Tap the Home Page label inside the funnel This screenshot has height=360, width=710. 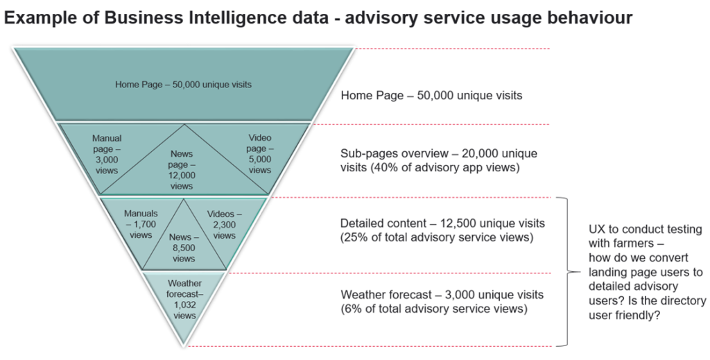183,85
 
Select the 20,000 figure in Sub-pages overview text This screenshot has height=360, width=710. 480,153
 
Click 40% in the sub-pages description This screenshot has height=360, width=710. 380,168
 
